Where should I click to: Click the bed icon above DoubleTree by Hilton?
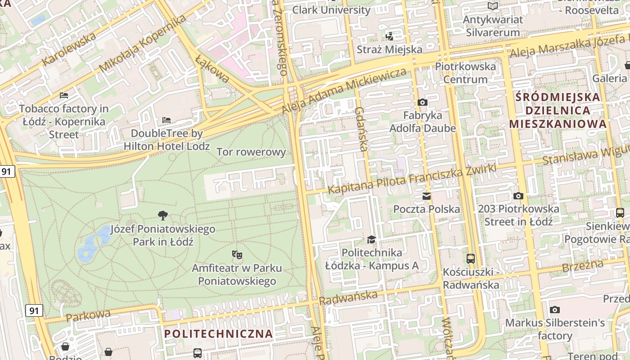pos(166,120)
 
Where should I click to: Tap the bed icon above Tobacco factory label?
pos(64,95)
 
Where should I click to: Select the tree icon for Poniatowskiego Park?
pos(163,216)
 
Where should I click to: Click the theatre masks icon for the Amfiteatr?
pos(237,255)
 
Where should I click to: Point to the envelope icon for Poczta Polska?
pos(426,196)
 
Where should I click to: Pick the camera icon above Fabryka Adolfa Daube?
pos(422,103)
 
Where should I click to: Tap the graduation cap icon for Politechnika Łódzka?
pos(371,239)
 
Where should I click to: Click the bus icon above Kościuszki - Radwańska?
pos(471,259)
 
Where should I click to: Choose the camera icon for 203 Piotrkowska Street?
pos(518,196)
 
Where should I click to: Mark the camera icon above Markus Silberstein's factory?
pos(555,310)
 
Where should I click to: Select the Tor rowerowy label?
pos(251,152)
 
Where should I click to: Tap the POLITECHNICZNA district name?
pos(218,334)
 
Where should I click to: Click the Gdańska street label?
pos(361,129)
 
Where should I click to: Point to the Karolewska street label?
pos(69,49)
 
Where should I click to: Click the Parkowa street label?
pos(88,315)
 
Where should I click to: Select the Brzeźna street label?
pos(582,266)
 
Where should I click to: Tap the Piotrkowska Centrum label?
pos(465,73)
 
